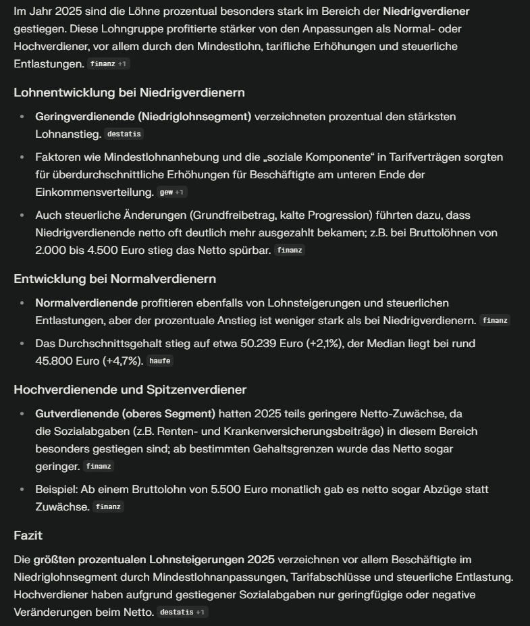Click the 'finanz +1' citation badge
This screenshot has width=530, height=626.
tap(108, 64)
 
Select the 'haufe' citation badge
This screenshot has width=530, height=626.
tap(160, 361)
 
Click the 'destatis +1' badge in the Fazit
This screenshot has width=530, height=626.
tap(182, 612)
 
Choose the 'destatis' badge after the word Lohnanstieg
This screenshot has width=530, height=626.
tap(124, 134)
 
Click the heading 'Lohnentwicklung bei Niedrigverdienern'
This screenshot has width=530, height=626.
tap(129, 93)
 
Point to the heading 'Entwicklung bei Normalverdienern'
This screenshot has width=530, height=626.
tap(115, 279)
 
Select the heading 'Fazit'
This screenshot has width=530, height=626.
tap(28, 536)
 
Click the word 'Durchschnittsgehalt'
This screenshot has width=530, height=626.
tap(110, 344)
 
